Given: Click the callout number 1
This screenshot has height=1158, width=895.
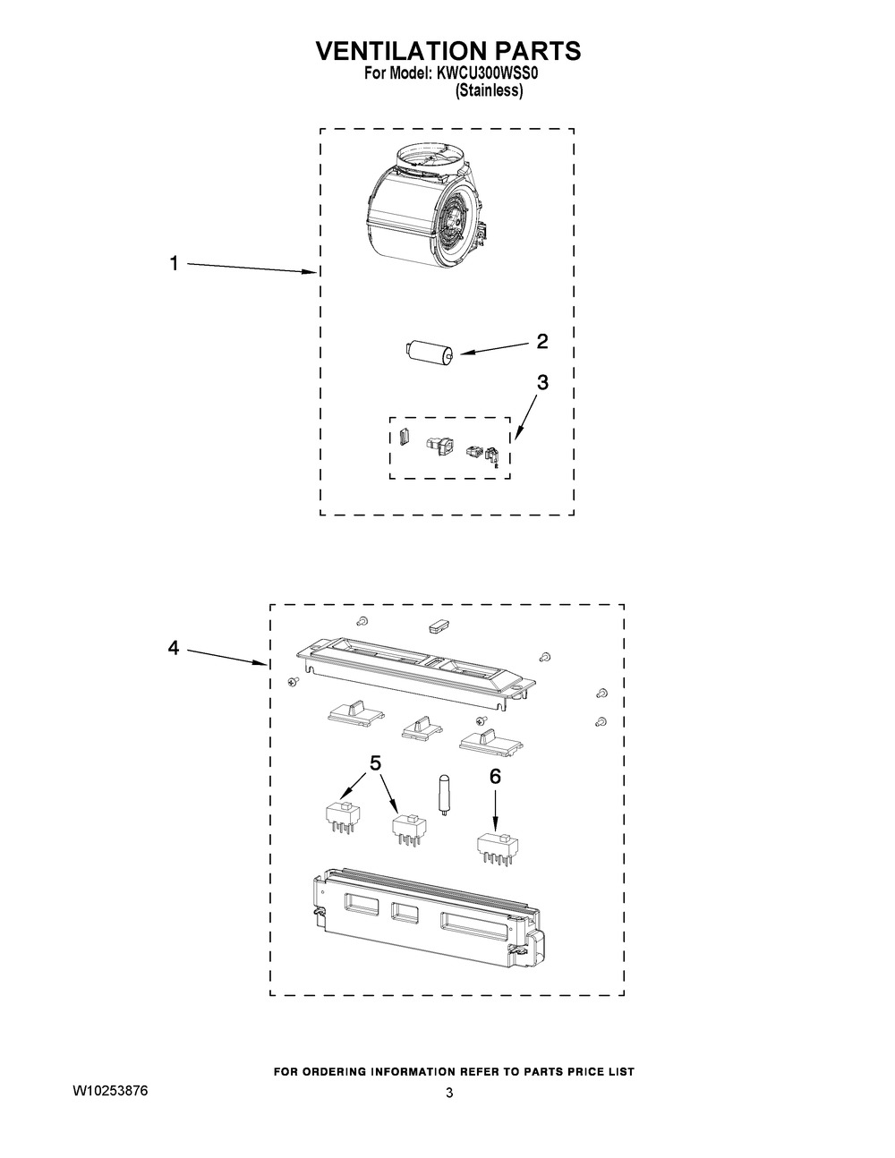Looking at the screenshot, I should [174, 263].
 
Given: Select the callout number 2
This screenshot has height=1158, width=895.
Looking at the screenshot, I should [541, 341].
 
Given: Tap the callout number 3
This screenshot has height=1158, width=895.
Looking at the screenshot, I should [542, 382].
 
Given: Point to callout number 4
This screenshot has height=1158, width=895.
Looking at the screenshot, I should [174, 649].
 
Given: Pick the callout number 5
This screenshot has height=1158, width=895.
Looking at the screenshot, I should [375, 762].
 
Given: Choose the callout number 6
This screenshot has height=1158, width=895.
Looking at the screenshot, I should [495, 777].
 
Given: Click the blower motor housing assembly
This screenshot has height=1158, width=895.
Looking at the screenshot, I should [424, 209].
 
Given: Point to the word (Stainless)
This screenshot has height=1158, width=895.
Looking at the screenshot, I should [489, 91].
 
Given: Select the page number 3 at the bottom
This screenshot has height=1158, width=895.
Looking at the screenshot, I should [449, 1093].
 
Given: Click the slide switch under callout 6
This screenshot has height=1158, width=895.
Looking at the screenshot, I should [498, 845].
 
